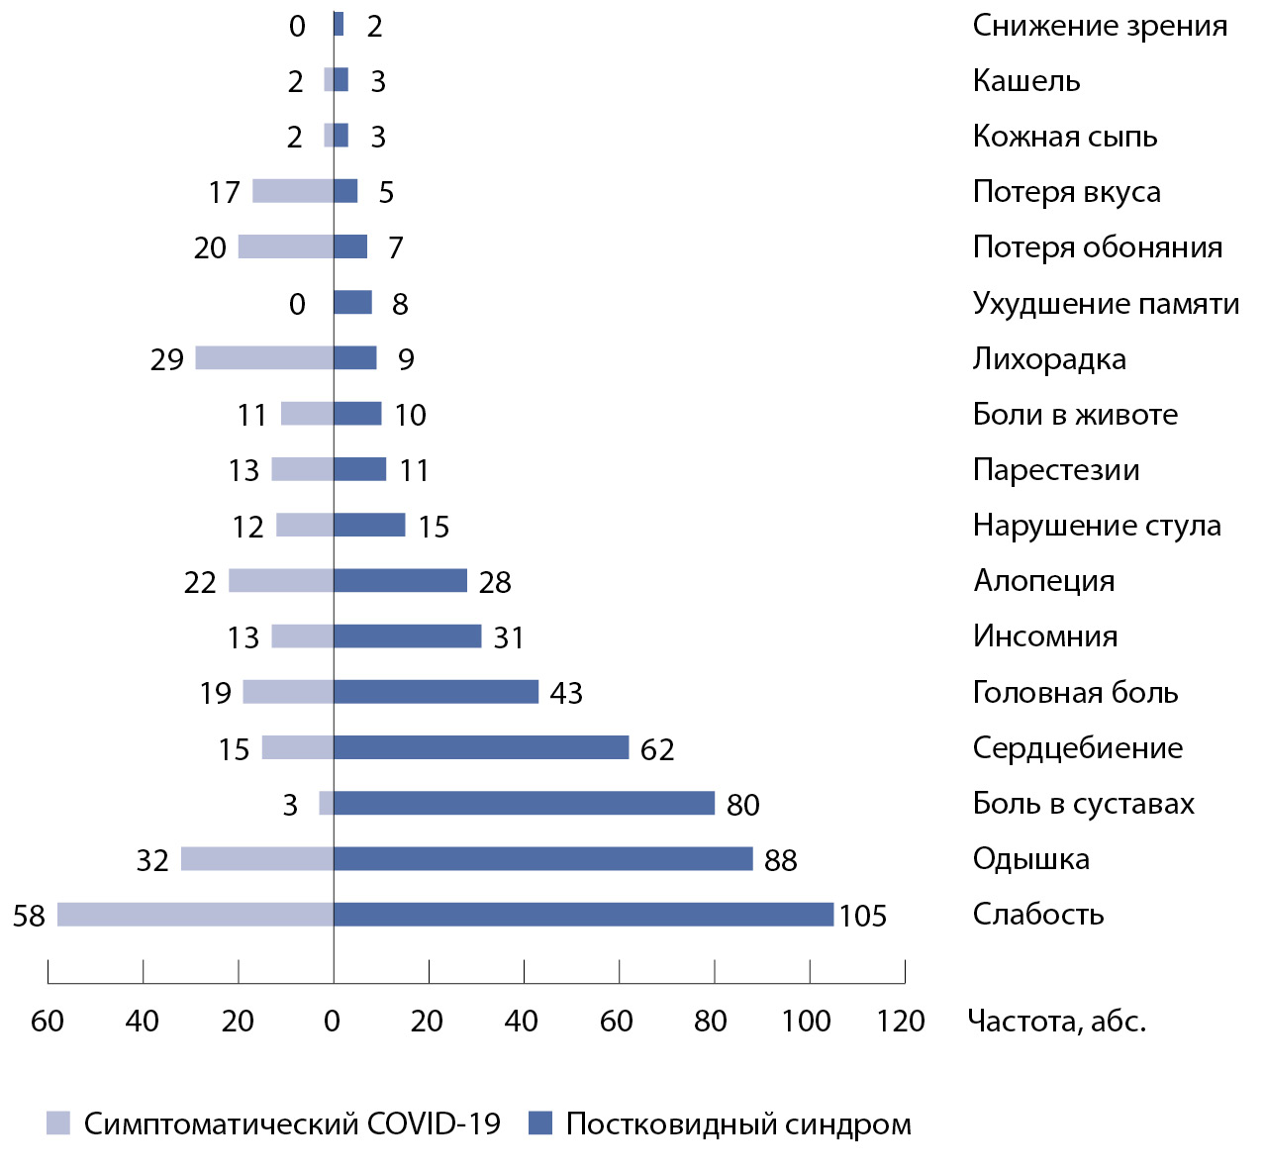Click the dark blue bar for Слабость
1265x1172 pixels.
click(x=583, y=915)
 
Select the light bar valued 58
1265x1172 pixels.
click(x=195, y=915)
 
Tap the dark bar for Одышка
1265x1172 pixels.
click(x=542, y=859)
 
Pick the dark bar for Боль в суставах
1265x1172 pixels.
click(x=524, y=803)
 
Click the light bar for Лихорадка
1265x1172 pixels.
click(x=264, y=357)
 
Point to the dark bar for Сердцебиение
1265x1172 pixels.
click(x=481, y=747)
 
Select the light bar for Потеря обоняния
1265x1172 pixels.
click(x=286, y=246)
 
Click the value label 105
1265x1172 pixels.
click(x=863, y=916)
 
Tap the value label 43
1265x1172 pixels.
click(x=566, y=693)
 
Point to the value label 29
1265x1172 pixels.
click(x=167, y=359)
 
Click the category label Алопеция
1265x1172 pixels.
click(x=1044, y=580)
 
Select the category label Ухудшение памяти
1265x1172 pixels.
click(x=1106, y=303)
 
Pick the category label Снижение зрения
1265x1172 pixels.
click(x=1100, y=26)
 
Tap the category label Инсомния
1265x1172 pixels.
click(x=1045, y=635)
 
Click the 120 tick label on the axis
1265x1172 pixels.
click(x=901, y=1021)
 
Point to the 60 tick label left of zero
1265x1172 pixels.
click(x=48, y=1021)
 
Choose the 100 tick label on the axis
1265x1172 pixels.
click(x=806, y=1021)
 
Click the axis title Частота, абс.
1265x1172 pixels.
click(x=1056, y=1021)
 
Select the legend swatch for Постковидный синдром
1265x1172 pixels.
click(x=540, y=1123)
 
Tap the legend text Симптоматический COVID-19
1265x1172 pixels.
click(x=292, y=1124)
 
